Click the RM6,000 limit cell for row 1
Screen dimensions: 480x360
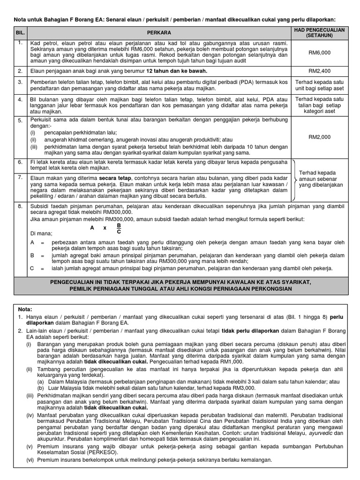click(x=320, y=53)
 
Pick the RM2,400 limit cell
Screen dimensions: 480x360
click(x=320, y=71)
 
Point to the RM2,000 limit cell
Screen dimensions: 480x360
click(x=320, y=137)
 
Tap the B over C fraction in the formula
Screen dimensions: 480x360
click(x=119, y=228)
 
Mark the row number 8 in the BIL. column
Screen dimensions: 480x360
click(x=20, y=206)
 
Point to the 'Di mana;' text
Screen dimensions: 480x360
click(x=41, y=233)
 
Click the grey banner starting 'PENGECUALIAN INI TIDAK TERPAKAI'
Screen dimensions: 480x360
click(x=180, y=286)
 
